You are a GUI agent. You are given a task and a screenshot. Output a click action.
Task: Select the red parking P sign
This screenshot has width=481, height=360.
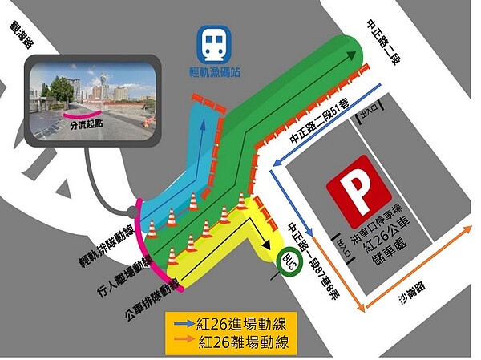pos(358,191)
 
